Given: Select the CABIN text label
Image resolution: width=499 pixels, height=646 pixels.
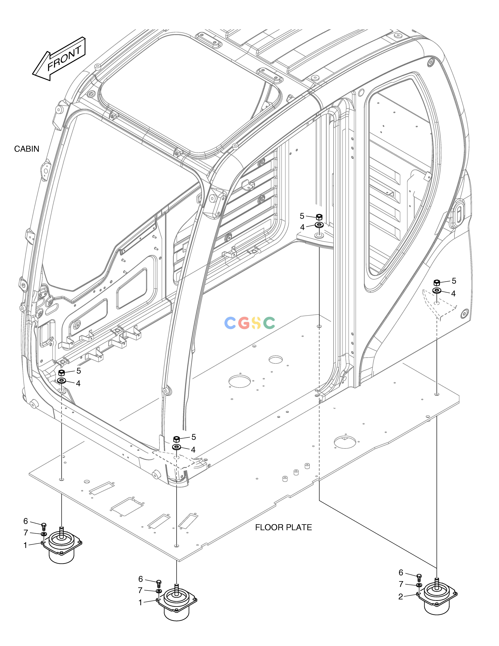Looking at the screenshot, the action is click(27, 149).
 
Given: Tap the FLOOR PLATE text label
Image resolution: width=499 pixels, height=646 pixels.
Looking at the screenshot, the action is click(284, 527).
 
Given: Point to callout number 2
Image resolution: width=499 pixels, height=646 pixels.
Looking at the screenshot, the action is click(401, 597).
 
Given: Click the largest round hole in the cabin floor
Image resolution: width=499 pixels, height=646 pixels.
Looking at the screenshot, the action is click(239, 382).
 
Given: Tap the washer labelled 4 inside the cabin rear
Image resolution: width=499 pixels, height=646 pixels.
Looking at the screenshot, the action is click(319, 225).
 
